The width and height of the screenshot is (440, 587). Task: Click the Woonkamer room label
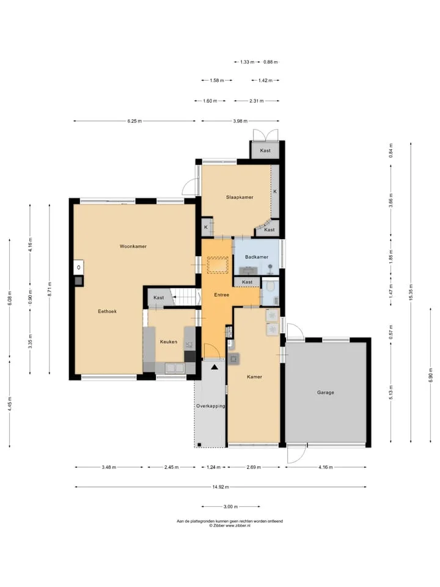click(133, 246)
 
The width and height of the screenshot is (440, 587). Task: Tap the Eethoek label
click(108, 311)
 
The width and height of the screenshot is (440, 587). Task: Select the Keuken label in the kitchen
click(169, 342)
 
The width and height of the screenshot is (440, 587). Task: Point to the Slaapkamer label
click(240, 198)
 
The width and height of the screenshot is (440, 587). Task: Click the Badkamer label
click(257, 257)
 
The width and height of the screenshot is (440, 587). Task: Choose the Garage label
click(326, 393)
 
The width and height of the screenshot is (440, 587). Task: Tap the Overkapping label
click(211, 406)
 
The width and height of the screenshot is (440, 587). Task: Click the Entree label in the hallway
click(221, 295)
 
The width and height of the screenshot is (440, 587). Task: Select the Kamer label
click(254, 377)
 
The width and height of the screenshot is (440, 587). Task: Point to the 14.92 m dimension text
click(221, 487)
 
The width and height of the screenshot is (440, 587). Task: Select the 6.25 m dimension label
click(134, 121)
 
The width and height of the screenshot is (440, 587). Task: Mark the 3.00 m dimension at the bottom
click(230, 507)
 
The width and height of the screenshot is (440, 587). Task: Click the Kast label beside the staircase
click(159, 298)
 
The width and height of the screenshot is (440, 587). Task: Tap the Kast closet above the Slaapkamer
click(265, 150)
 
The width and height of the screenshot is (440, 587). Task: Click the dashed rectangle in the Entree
click(218, 265)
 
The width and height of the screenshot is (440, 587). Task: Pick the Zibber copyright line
click(230, 526)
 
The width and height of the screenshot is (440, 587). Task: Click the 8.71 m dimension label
click(50, 289)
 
